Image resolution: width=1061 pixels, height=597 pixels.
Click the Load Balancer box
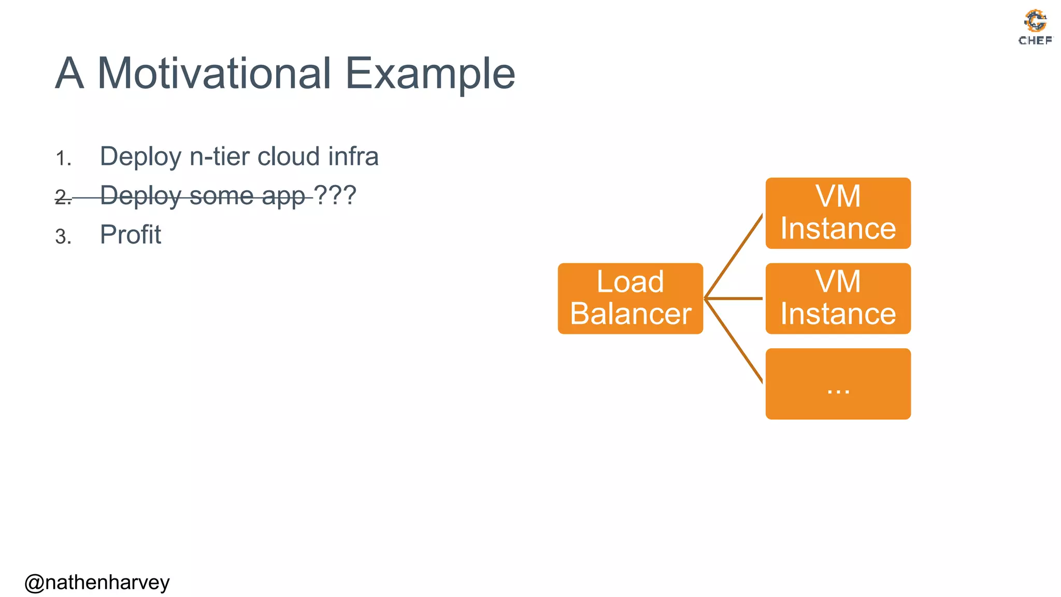(630, 298)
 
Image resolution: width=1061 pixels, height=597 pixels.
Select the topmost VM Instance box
(838, 213)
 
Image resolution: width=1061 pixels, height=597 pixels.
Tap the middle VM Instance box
(838, 298)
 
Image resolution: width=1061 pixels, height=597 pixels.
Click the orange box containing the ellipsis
(838, 383)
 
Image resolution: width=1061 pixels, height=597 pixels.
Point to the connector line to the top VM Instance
(734, 256)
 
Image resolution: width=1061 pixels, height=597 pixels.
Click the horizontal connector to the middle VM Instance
(734, 298)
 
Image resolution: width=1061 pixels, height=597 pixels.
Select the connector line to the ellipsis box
(734, 341)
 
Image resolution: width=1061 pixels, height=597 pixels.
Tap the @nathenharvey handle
(97, 582)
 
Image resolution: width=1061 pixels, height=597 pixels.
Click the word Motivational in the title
(214, 74)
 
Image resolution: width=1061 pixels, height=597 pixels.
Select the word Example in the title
(430, 74)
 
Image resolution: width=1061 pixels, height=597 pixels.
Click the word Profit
(131, 235)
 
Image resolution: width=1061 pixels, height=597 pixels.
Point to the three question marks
(335, 195)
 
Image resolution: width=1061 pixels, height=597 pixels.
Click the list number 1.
(63, 159)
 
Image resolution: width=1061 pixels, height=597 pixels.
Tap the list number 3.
(63, 237)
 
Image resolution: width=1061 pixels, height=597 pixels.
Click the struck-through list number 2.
(63, 197)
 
